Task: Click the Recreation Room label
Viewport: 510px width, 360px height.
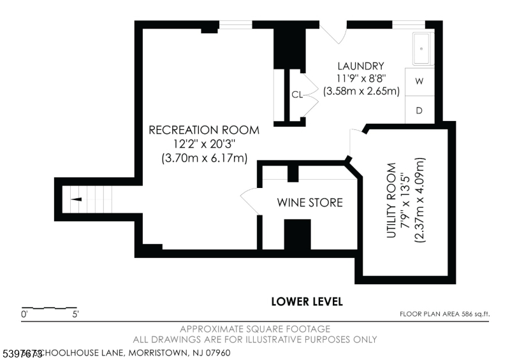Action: point(204,130)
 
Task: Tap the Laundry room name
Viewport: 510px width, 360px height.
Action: point(361,66)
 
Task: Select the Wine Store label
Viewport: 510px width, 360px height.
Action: point(310,203)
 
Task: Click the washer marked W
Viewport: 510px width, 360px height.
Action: point(419,82)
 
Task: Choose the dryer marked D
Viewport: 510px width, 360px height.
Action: point(419,110)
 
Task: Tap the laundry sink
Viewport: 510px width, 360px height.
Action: point(421,48)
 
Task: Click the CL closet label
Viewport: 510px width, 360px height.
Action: point(296,95)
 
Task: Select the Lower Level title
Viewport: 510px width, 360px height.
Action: point(307,301)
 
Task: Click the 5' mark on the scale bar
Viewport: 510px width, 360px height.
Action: point(75,314)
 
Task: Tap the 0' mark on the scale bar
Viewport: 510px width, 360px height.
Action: point(24,314)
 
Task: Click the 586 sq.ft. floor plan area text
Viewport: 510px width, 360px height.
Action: point(444,313)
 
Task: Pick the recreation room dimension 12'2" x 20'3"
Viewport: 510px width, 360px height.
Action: point(204,144)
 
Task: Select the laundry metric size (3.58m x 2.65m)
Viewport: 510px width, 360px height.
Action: point(361,91)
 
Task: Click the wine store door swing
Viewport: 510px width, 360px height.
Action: point(250,203)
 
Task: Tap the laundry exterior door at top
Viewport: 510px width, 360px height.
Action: point(331,33)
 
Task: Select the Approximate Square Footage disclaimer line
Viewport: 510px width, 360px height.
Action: point(255,329)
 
